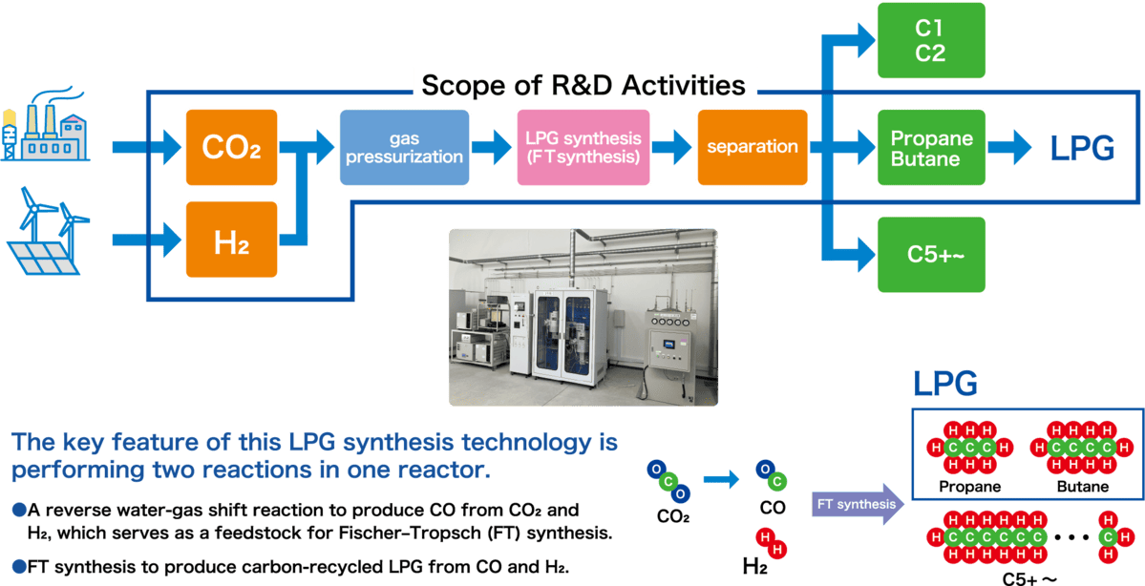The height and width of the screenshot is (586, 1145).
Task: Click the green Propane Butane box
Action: (x=930, y=148)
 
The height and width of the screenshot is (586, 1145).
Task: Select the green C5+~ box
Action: (x=930, y=254)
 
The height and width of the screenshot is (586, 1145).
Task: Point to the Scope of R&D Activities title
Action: (x=583, y=85)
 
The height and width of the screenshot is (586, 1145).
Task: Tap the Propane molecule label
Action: (x=969, y=487)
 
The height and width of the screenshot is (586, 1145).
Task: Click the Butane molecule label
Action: (x=1082, y=487)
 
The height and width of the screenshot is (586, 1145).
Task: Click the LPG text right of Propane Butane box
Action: (x=1081, y=148)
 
